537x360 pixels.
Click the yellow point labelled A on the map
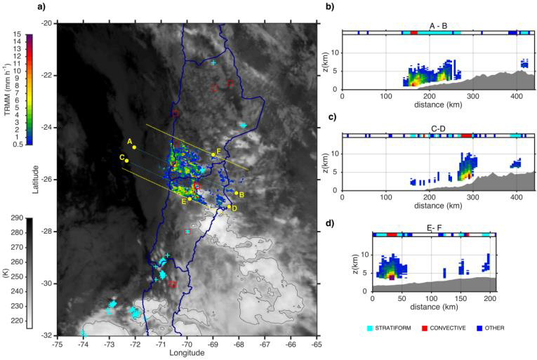pyautogui.click(x=134, y=147)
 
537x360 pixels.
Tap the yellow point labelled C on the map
pyautogui.click(x=127, y=161)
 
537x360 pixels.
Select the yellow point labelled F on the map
pyautogui.click(x=213, y=154)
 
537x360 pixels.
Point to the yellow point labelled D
pyautogui.click(x=230, y=206)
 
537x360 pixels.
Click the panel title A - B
pyautogui.click(x=439, y=26)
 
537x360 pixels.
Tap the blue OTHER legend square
pyautogui.click(x=479, y=328)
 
